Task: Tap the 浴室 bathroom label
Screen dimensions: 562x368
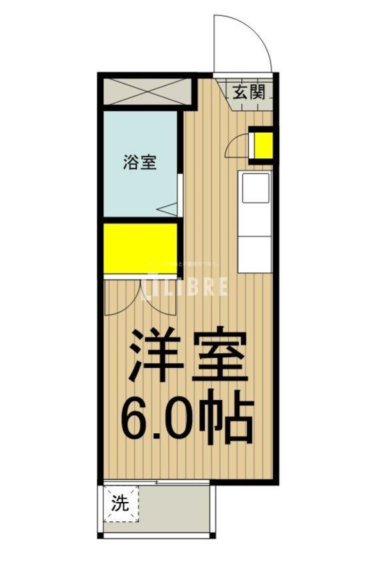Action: (x=140, y=162)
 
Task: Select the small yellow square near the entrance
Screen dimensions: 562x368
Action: (x=262, y=145)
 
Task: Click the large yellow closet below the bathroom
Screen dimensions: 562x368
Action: (x=140, y=248)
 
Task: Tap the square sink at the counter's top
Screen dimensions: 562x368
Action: (x=255, y=189)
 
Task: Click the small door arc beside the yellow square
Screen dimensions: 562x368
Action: (x=237, y=146)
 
